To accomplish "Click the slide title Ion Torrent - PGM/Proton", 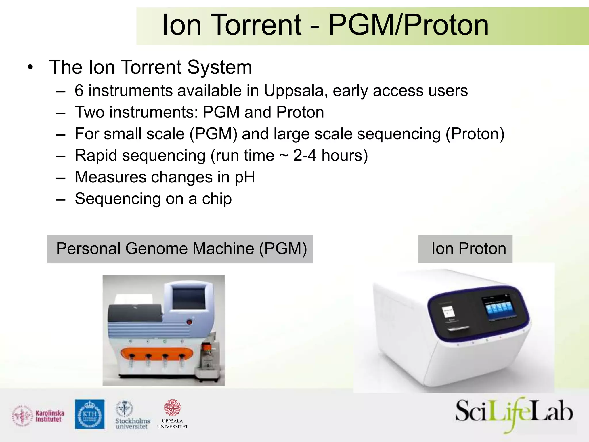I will click(x=325, y=25).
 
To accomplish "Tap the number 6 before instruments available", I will click(x=79, y=91).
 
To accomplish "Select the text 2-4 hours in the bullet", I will click(x=330, y=156).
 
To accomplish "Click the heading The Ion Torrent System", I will click(x=150, y=67).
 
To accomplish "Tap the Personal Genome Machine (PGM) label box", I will click(x=180, y=249).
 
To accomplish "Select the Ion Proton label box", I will click(x=465, y=249).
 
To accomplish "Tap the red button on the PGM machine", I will click(x=189, y=322).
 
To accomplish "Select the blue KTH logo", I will click(x=90, y=414).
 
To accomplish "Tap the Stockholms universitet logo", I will click(x=132, y=415).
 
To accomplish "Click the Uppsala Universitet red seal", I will click(x=172, y=407).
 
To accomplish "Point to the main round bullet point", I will click(x=30, y=68).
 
